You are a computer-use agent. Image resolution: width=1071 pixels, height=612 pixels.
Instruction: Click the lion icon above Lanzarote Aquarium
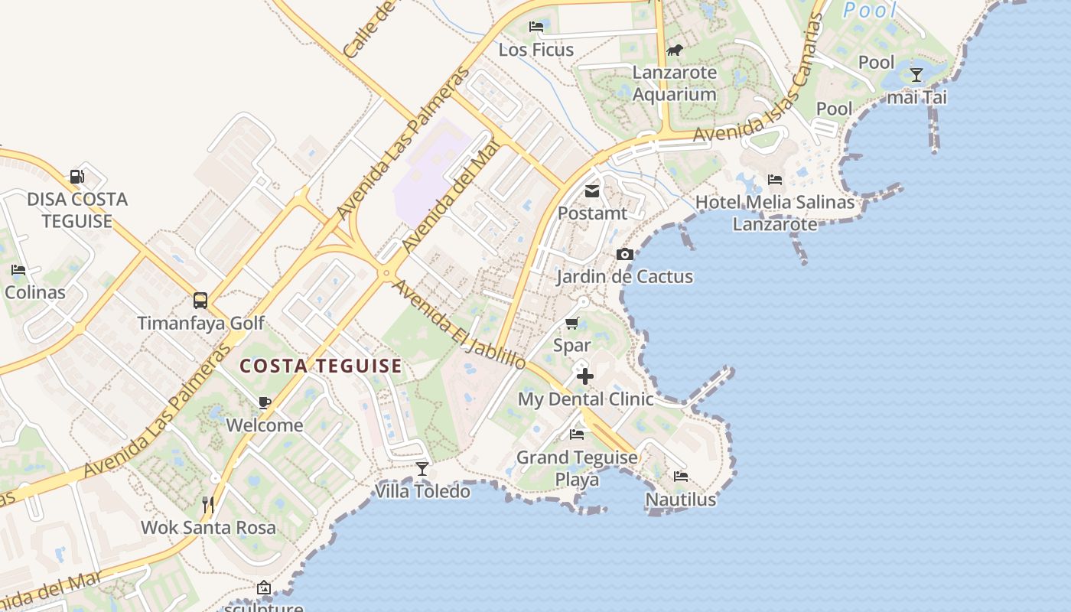pos(674,50)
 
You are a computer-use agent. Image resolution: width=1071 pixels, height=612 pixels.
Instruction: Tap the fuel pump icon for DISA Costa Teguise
pos(76,177)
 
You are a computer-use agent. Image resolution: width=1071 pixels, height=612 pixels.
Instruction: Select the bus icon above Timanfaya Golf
pos(200,301)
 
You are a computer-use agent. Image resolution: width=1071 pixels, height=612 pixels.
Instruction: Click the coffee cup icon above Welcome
pos(264,402)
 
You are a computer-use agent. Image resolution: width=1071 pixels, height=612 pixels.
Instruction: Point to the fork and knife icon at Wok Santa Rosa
pos(207,504)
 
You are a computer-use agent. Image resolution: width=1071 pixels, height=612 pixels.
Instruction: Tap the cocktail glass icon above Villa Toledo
pos(422,468)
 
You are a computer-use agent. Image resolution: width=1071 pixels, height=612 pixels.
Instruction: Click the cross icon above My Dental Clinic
pos(585,376)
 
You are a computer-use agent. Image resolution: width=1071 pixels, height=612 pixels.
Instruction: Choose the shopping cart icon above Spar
pos(572,323)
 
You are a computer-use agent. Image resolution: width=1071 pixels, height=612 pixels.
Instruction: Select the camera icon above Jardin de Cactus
pos(625,254)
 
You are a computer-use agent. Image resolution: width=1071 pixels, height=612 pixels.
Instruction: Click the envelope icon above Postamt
pos(592,190)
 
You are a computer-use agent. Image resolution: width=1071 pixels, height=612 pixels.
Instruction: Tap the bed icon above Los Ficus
pos(536,27)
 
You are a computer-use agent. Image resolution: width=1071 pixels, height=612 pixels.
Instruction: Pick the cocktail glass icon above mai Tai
pos(916,75)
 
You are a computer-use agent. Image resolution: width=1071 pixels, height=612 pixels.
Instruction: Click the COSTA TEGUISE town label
pos(321,366)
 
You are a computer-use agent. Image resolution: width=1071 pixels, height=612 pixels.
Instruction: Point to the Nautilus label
pos(681,500)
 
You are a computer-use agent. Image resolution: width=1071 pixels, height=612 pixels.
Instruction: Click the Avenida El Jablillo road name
pos(459,324)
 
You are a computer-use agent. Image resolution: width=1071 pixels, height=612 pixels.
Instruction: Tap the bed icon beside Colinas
pos(18,269)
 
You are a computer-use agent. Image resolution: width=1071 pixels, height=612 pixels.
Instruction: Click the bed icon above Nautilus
pos(681,477)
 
